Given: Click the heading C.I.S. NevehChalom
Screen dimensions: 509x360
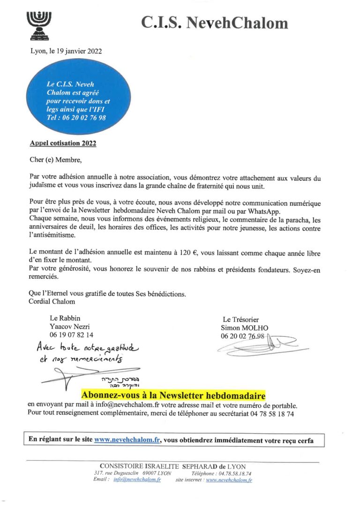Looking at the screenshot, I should pos(215,22).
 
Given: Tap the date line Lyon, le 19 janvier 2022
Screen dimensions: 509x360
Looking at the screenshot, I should pos(66,51).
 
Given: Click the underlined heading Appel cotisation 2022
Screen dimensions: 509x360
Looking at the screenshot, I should pos(63,143).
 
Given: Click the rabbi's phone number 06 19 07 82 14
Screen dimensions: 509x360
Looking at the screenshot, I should pos(71,335).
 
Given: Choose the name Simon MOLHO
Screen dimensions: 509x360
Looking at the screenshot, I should pos(245,328).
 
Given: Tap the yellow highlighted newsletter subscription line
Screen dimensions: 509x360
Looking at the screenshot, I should pos(173,394).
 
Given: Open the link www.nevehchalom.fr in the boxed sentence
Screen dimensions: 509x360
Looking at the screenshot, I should pos(127,440).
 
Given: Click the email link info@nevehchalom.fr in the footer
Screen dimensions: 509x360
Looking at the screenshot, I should pos(137,480).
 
